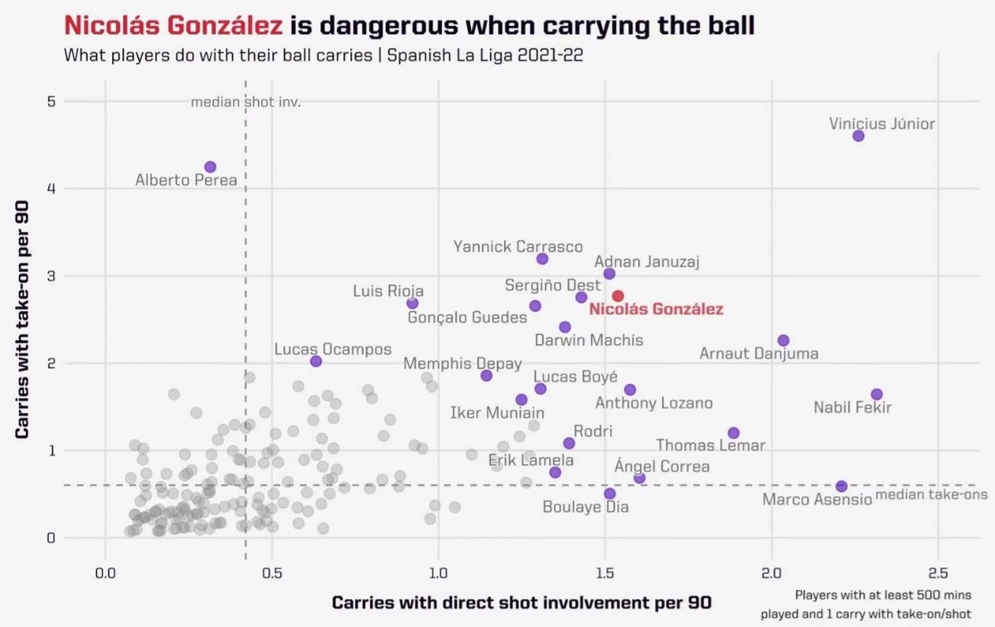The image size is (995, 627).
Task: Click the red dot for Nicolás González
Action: (618, 296)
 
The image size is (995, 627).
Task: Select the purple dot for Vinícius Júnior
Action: (858, 136)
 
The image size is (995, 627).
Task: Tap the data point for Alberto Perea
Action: (211, 167)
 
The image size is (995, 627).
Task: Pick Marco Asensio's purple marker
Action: (842, 486)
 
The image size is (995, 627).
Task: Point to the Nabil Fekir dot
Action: (877, 394)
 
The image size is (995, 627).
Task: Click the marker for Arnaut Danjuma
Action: (784, 341)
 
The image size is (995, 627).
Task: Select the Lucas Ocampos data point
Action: (316, 361)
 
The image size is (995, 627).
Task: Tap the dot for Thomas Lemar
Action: (734, 433)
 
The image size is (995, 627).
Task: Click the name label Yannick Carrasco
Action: (518, 246)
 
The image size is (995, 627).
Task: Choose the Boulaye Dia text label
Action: (586, 507)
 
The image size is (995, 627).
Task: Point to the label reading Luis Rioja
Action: (388, 290)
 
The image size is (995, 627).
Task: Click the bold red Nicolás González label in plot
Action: (656, 309)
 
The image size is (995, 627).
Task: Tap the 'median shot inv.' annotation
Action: (245, 103)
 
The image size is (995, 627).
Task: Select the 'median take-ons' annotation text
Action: (932, 495)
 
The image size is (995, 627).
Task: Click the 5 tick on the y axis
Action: (50, 102)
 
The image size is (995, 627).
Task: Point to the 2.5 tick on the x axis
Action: (938, 573)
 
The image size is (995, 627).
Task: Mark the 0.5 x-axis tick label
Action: (271, 573)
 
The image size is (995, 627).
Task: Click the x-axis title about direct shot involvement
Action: (521, 602)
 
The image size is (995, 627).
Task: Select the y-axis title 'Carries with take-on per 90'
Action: (23, 319)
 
